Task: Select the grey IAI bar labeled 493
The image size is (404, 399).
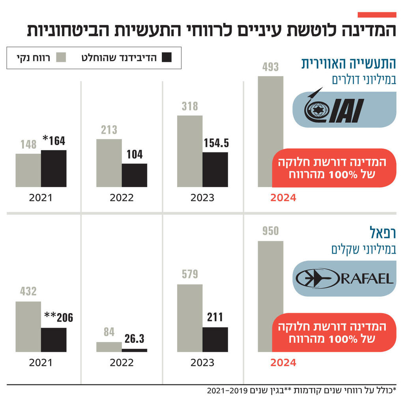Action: pos(270,112)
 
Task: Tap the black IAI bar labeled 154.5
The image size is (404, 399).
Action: pos(215,169)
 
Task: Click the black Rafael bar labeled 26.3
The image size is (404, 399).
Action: pos(134,350)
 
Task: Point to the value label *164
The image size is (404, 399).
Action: pos(54,141)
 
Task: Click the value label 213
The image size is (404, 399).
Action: pos(109,130)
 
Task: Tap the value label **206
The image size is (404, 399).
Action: pos(58,318)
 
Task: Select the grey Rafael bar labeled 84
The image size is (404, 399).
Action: pos(109,347)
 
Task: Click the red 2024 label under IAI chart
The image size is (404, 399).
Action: pos(283,198)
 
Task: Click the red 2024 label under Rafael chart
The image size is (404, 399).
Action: pos(283,363)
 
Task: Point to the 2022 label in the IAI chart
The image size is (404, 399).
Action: pos(122,198)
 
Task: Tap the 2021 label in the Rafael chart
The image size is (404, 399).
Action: pos(41,363)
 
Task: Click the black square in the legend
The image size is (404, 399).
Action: pos(167,58)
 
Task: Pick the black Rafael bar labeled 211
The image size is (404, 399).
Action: pos(215,339)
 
